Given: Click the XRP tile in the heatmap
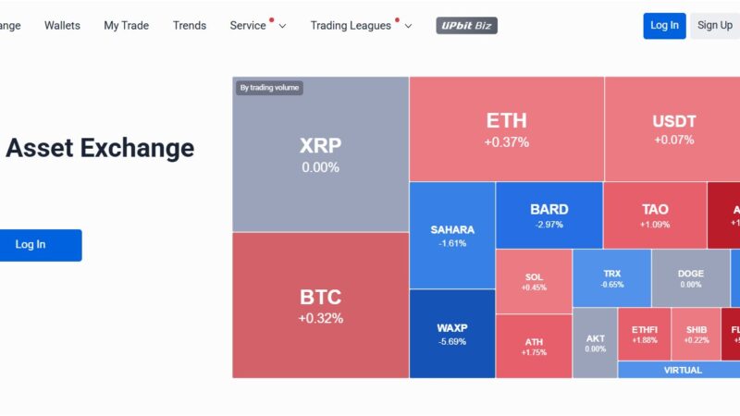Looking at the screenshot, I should coord(320,154).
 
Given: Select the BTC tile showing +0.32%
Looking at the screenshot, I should coord(320,305).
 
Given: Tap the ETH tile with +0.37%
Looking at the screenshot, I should coord(506,129).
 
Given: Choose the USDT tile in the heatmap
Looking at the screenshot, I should coord(673,129).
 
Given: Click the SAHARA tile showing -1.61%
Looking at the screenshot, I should coord(452,236).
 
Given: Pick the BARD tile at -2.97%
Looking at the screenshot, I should coord(549,215).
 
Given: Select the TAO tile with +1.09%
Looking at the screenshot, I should coord(655,215).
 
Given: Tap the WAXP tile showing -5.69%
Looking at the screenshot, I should coord(452,334).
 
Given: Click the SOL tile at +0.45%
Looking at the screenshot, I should coord(534,281).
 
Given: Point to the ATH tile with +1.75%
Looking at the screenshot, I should coord(534,347).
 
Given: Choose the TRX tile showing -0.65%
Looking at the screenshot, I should coord(611,278).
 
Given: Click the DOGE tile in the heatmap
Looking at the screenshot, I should coord(690,278).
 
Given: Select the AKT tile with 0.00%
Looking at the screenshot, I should coord(595,343).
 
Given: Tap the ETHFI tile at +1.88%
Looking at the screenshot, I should coord(644,334).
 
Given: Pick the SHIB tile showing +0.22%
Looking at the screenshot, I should coord(696,334).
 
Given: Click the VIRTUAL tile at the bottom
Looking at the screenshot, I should coord(683,370).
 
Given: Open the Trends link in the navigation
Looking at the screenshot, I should coord(190,26).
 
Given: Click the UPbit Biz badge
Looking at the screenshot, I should coord(466,26).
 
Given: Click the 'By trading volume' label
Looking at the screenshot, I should coord(269,88).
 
